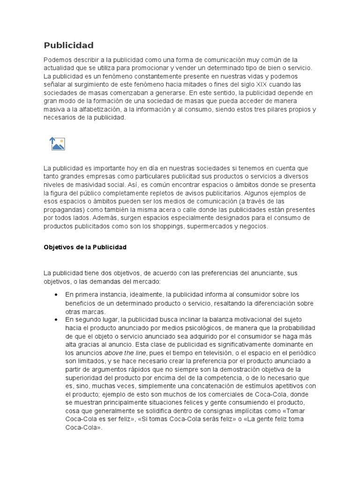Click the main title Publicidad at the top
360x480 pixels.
[68, 45]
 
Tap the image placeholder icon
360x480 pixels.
[58, 144]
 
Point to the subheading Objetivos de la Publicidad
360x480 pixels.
[85, 247]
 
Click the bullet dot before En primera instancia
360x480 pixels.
[56, 294]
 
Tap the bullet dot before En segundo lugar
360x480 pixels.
[56, 320]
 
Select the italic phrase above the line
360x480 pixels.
[126, 353]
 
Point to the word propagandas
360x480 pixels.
[63, 210]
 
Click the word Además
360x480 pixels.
[99, 218]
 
